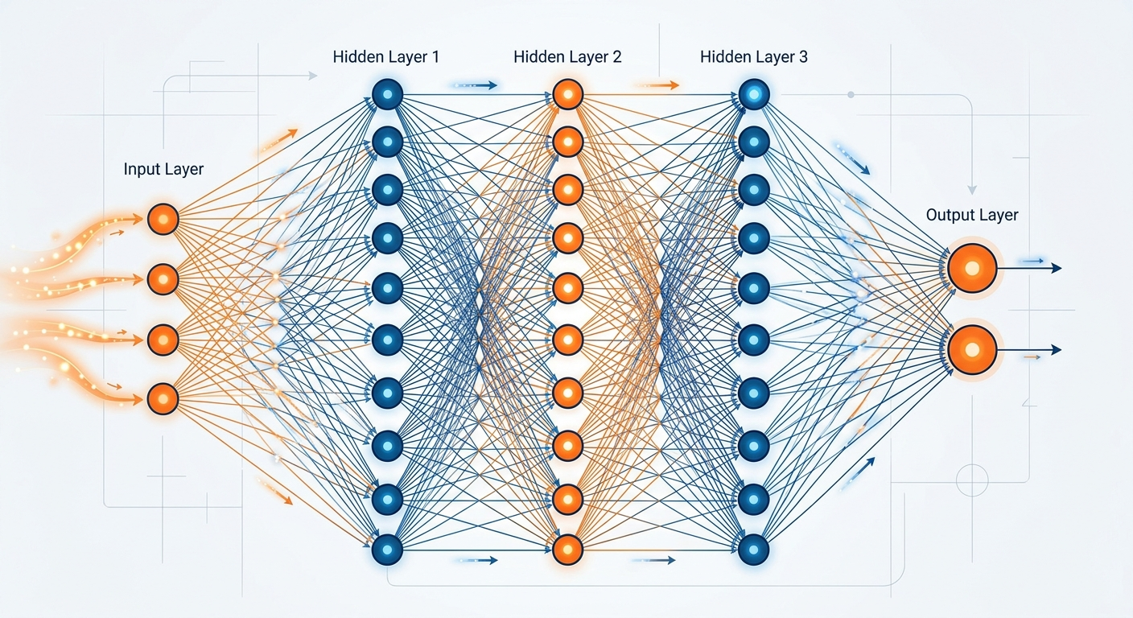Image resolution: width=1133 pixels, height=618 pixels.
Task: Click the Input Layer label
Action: click(x=163, y=169)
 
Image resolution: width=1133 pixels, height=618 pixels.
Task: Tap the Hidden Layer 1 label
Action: click(x=385, y=57)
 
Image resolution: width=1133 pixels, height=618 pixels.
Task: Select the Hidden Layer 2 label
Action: click(x=567, y=57)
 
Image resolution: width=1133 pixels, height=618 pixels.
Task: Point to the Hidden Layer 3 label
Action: click(x=754, y=57)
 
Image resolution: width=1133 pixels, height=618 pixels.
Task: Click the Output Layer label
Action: click(x=972, y=215)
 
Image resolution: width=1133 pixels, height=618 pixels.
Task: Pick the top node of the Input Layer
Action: click(x=163, y=219)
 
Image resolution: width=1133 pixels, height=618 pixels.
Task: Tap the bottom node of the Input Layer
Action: click(x=163, y=398)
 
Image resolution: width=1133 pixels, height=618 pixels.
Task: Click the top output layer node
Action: click(x=972, y=268)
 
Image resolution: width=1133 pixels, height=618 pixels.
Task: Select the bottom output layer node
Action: click(x=972, y=350)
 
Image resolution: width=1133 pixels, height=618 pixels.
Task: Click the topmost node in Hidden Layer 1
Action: click(x=387, y=95)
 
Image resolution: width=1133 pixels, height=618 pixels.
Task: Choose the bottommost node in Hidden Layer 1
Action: click(x=387, y=549)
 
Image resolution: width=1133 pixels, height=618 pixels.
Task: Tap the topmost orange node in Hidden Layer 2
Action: click(x=568, y=95)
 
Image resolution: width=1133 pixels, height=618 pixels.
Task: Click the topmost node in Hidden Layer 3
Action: click(x=754, y=95)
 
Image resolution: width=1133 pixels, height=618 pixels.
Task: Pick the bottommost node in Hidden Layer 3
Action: click(x=754, y=549)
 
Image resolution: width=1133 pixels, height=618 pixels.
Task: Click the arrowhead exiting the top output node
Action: click(x=1057, y=268)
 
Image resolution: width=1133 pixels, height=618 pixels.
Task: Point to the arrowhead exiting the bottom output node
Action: click(x=1057, y=350)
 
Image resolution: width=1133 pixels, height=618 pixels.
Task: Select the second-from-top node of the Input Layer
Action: click(x=163, y=279)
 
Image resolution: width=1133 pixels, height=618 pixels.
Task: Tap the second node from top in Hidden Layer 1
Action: click(x=387, y=142)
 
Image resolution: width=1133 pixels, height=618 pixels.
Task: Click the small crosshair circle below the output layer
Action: click(x=971, y=480)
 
